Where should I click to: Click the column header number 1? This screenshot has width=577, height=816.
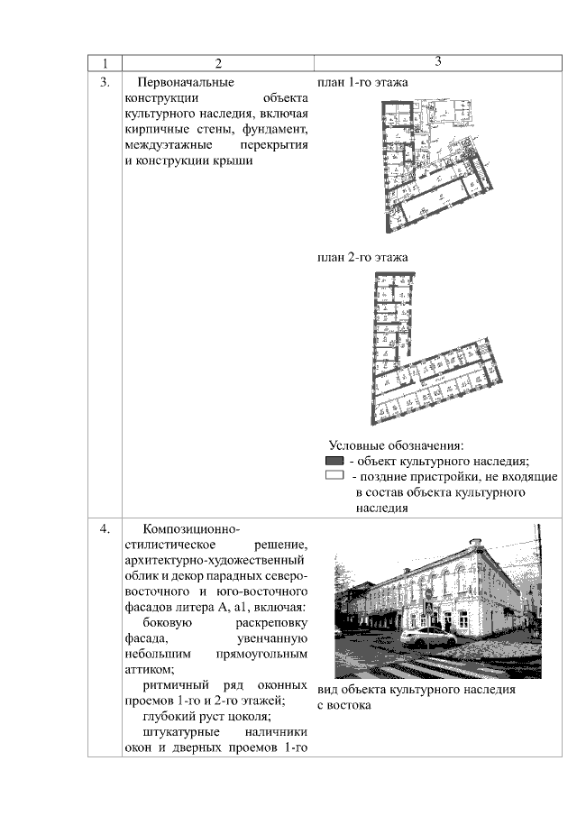pyautogui.click(x=105, y=63)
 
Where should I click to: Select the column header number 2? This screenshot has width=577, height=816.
pyautogui.click(x=217, y=63)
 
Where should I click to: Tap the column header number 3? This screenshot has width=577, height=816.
pyautogui.click(x=437, y=61)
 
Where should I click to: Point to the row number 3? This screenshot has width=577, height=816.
pyautogui.click(x=105, y=82)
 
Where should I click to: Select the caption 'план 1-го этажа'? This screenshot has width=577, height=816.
pyautogui.click(x=362, y=82)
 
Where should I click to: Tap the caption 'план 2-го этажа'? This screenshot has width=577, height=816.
pyautogui.click(x=362, y=257)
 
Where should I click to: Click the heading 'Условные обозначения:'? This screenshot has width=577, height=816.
pyautogui.click(x=396, y=445)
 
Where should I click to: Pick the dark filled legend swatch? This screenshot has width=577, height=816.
pyautogui.click(x=334, y=461)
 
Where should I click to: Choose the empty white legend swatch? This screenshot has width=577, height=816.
pyautogui.click(x=334, y=475)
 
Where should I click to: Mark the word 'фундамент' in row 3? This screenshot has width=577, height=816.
pyautogui.click(x=270, y=129)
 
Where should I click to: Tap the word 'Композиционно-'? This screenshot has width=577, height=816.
pyautogui.click(x=191, y=528)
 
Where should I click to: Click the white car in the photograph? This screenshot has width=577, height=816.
pyautogui.click(x=428, y=637)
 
